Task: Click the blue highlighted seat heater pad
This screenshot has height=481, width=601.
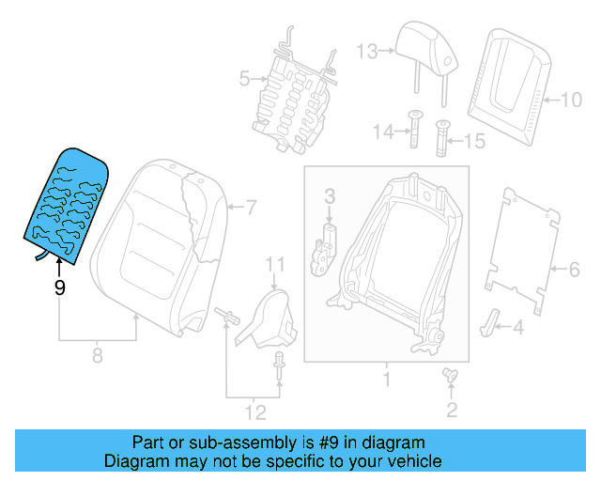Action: (x=69, y=202)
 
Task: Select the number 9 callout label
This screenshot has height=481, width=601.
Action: (x=60, y=288)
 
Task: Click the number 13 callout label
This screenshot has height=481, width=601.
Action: (x=366, y=51)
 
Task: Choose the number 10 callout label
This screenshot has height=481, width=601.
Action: (x=572, y=98)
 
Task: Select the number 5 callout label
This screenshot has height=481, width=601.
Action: (x=244, y=80)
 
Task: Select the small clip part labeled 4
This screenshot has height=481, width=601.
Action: (x=492, y=319)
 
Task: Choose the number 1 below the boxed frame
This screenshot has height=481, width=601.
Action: (x=386, y=380)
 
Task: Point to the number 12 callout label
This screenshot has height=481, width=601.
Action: (x=254, y=411)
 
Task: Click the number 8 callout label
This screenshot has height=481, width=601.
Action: (x=96, y=355)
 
